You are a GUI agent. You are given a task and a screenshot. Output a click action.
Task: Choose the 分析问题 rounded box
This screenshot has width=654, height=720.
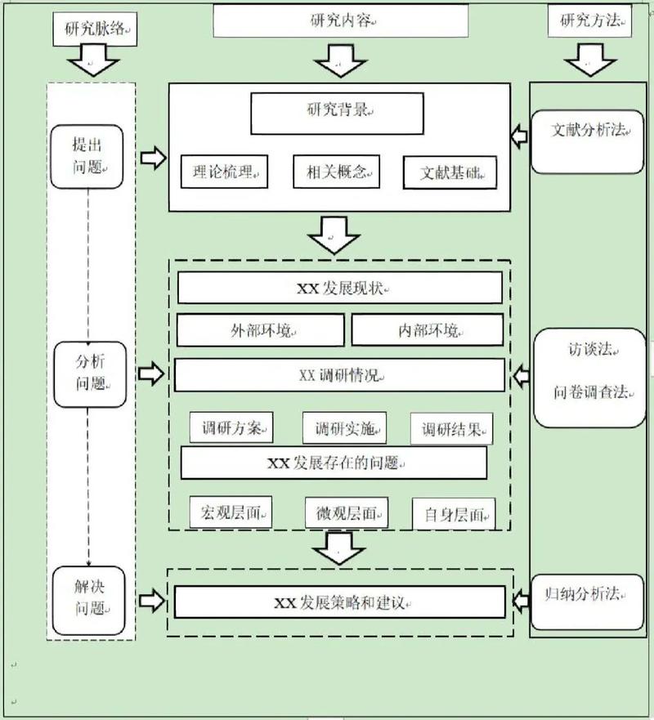90,374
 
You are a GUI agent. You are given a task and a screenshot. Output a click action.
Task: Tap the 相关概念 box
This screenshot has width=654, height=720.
338,172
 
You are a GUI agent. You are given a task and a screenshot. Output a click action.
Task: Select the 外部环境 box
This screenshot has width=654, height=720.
260,330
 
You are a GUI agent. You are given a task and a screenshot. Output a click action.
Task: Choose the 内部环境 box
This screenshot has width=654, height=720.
428,330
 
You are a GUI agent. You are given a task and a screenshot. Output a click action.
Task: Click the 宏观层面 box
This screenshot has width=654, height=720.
230,512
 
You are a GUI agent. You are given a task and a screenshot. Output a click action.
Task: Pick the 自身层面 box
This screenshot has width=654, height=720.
454,514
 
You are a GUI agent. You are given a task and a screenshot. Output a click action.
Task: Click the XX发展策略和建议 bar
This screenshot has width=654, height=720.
340,603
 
